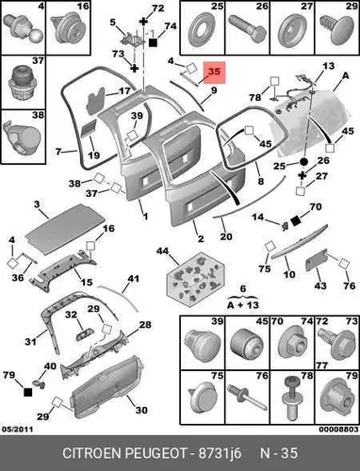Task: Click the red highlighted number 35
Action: pyautogui.click(x=214, y=72)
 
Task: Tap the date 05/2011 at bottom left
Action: pyautogui.click(x=18, y=429)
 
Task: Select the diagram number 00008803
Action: pyautogui.click(x=338, y=429)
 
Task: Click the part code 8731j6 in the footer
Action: pyautogui.click(x=220, y=453)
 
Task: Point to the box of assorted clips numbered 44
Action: pyautogui.click(x=195, y=279)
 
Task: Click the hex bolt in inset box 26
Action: pyautogui.click(x=247, y=30)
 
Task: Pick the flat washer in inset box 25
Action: pyautogui.click(x=202, y=30)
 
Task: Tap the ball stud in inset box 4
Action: pyautogui.click(x=22, y=30)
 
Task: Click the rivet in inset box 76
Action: pyautogui.click(x=247, y=398)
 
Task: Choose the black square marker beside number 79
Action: pyautogui.click(x=28, y=392)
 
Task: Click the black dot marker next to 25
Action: pyautogui.click(x=303, y=162)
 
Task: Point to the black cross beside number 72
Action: pyautogui.click(x=143, y=22)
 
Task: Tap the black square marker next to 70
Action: pyautogui.click(x=295, y=220)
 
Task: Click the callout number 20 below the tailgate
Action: pyautogui.click(x=226, y=236)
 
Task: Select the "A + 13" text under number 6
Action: pyautogui.click(x=243, y=304)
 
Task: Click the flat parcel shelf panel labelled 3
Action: pyautogui.click(x=65, y=228)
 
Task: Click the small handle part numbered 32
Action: pyautogui.click(x=83, y=333)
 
